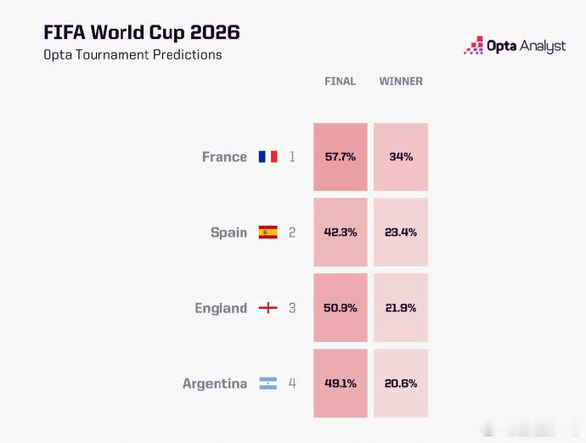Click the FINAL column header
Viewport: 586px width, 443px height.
340,81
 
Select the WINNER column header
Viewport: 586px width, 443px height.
401,81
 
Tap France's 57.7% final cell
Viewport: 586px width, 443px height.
341,157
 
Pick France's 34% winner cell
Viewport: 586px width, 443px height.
401,157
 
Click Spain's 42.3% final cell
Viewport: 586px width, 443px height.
341,233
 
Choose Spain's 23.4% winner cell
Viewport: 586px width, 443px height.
401,233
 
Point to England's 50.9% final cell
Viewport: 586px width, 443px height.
341,308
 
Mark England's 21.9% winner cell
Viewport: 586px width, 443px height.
401,308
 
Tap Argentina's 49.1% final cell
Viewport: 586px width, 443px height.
341,384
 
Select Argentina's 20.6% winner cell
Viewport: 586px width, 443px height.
401,384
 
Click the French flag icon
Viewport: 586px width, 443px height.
268,156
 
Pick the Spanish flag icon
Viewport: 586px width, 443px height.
268,232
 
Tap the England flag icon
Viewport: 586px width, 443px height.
268,308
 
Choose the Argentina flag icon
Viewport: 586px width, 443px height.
268,384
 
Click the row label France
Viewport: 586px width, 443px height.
224,157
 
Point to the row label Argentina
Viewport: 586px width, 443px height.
215,384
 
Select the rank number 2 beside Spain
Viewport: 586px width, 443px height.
292,233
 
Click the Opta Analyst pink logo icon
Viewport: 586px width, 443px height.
474,46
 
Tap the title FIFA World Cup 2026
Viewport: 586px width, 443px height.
142,32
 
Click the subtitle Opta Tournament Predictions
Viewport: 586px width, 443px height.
132,55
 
